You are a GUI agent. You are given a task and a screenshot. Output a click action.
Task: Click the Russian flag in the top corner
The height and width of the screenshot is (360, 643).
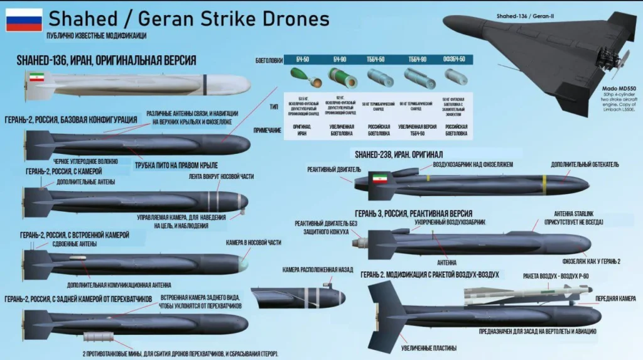[x=24, y=19]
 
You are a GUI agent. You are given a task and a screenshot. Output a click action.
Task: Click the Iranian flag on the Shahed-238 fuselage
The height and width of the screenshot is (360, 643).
[x=378, y=178]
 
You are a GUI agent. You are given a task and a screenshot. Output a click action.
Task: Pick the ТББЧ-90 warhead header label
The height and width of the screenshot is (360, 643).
[x=418, y=59]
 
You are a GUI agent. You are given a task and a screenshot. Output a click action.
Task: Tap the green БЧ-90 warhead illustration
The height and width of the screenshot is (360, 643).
[x=342, y=78]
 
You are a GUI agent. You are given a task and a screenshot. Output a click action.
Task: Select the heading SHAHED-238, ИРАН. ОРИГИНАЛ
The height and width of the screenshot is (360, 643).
[x=399, y=154]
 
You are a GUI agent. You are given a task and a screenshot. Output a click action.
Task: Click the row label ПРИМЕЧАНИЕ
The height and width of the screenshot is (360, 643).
[x=267, y=130]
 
